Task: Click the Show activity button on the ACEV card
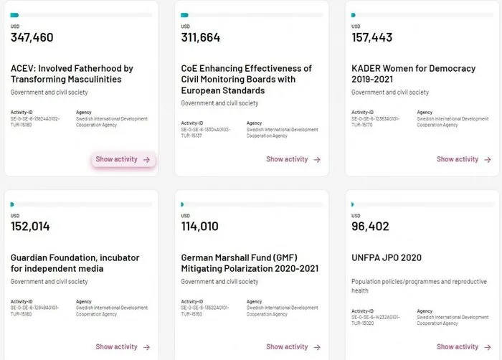(x=123, y=159)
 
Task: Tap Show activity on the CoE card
(x=293, y=159)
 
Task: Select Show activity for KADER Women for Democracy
(x=463, y=159)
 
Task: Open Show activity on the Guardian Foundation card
(x=123, y=347)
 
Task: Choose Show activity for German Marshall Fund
(x=293, y=347)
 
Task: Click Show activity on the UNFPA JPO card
(x=463, y=347)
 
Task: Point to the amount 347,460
(x=32, y=37)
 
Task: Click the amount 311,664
(x=201, y=37)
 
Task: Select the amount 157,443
(x=372, y=37)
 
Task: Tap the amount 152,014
(x=30, y=227)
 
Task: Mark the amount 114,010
(x=200, y=227)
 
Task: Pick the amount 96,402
(x=370, y=227)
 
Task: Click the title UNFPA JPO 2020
(x=387, y=257)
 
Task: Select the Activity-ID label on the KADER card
(x=362, y=113)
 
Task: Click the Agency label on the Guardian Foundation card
(x=83, y=302)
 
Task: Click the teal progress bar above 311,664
(x=184, y=14)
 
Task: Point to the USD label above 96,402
(x=356, y=216)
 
